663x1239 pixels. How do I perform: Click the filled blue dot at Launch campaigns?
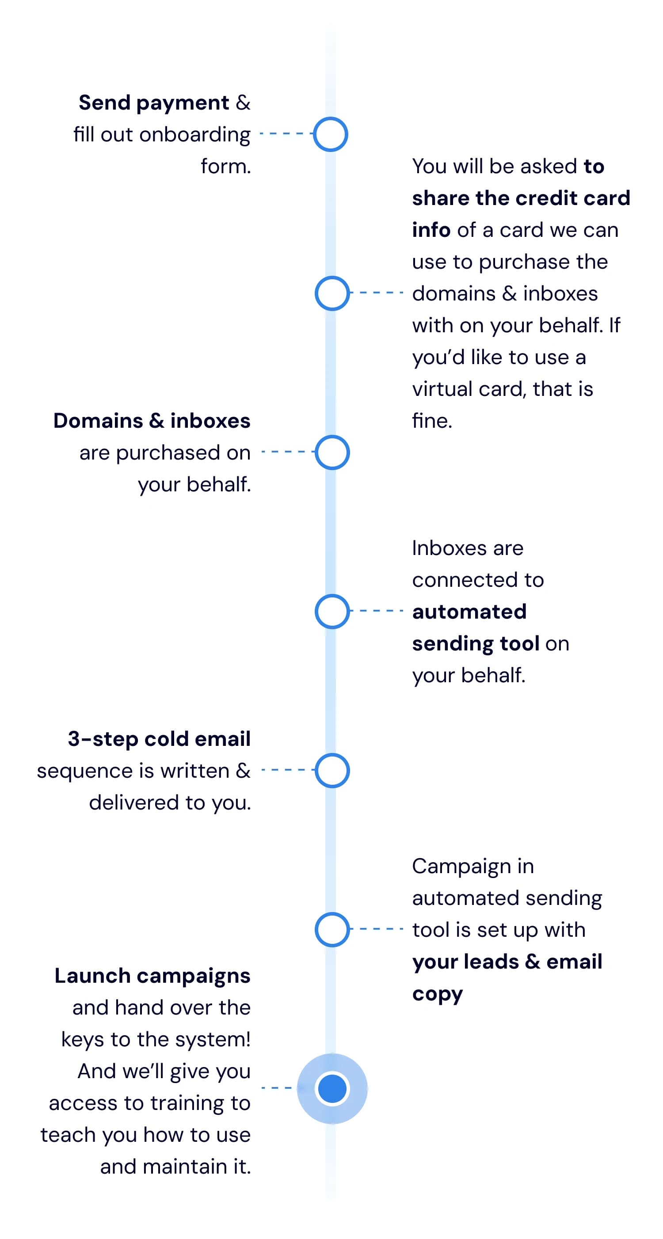click(332, 1088)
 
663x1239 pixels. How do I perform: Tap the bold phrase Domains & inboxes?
click(152, 420)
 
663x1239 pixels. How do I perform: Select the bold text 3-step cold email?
click(159, 739)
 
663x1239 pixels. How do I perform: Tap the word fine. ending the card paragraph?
click(432, 420)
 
